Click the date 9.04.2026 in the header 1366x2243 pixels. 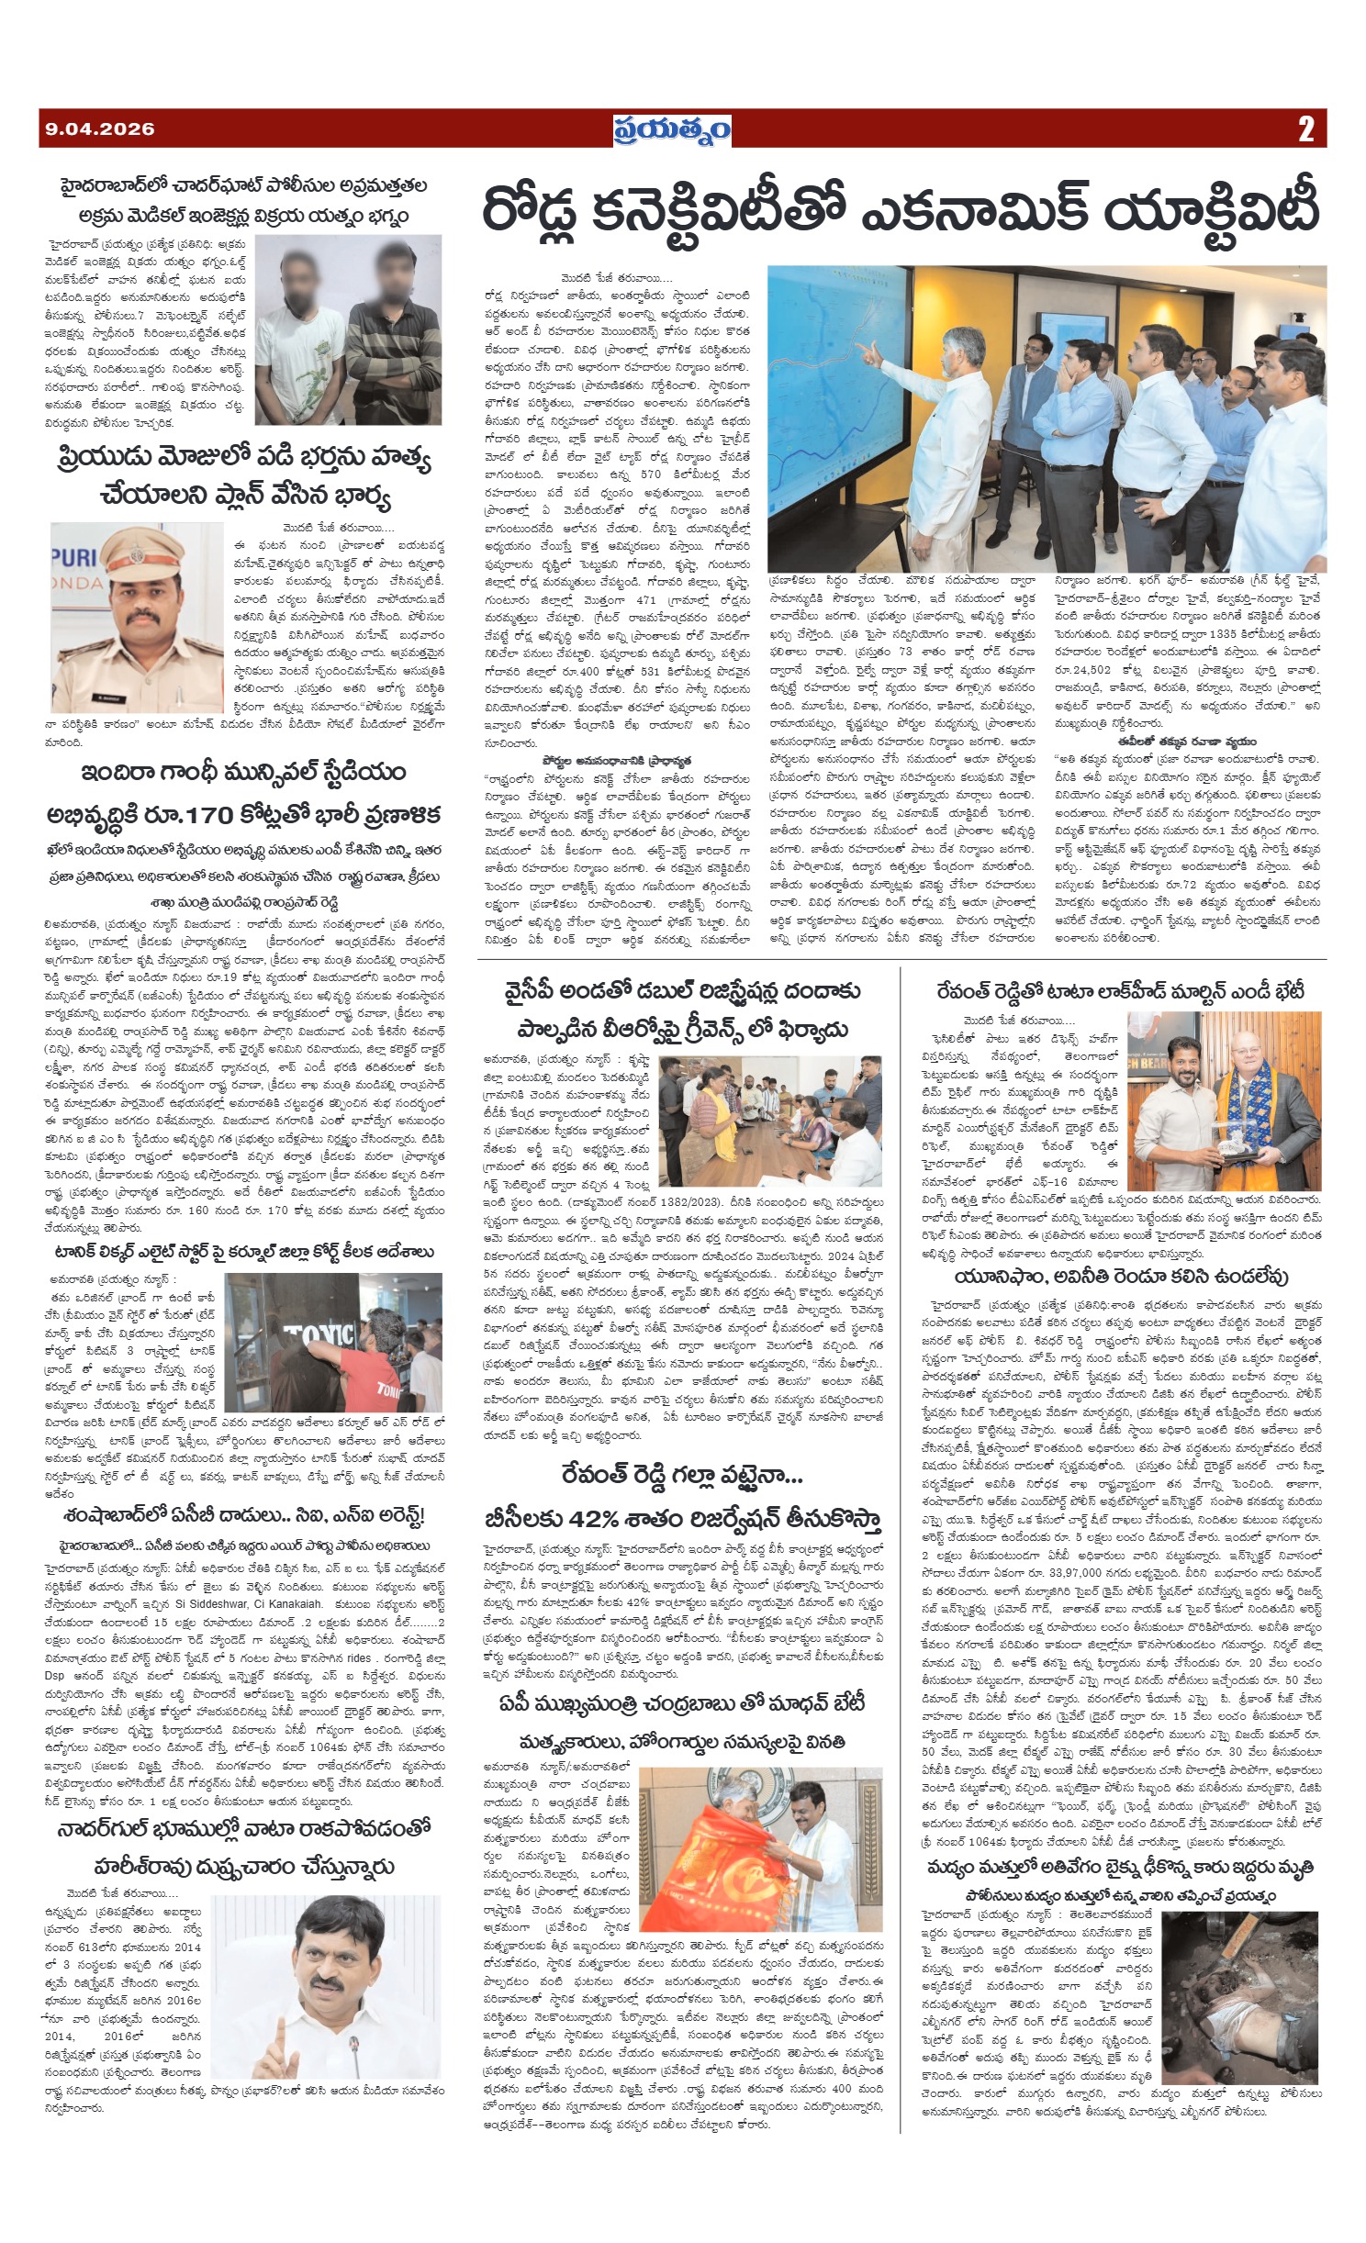[x=100, y=129]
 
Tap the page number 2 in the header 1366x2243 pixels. [x=1305, y=129]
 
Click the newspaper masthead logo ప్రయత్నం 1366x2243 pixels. [x=672, y=129]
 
